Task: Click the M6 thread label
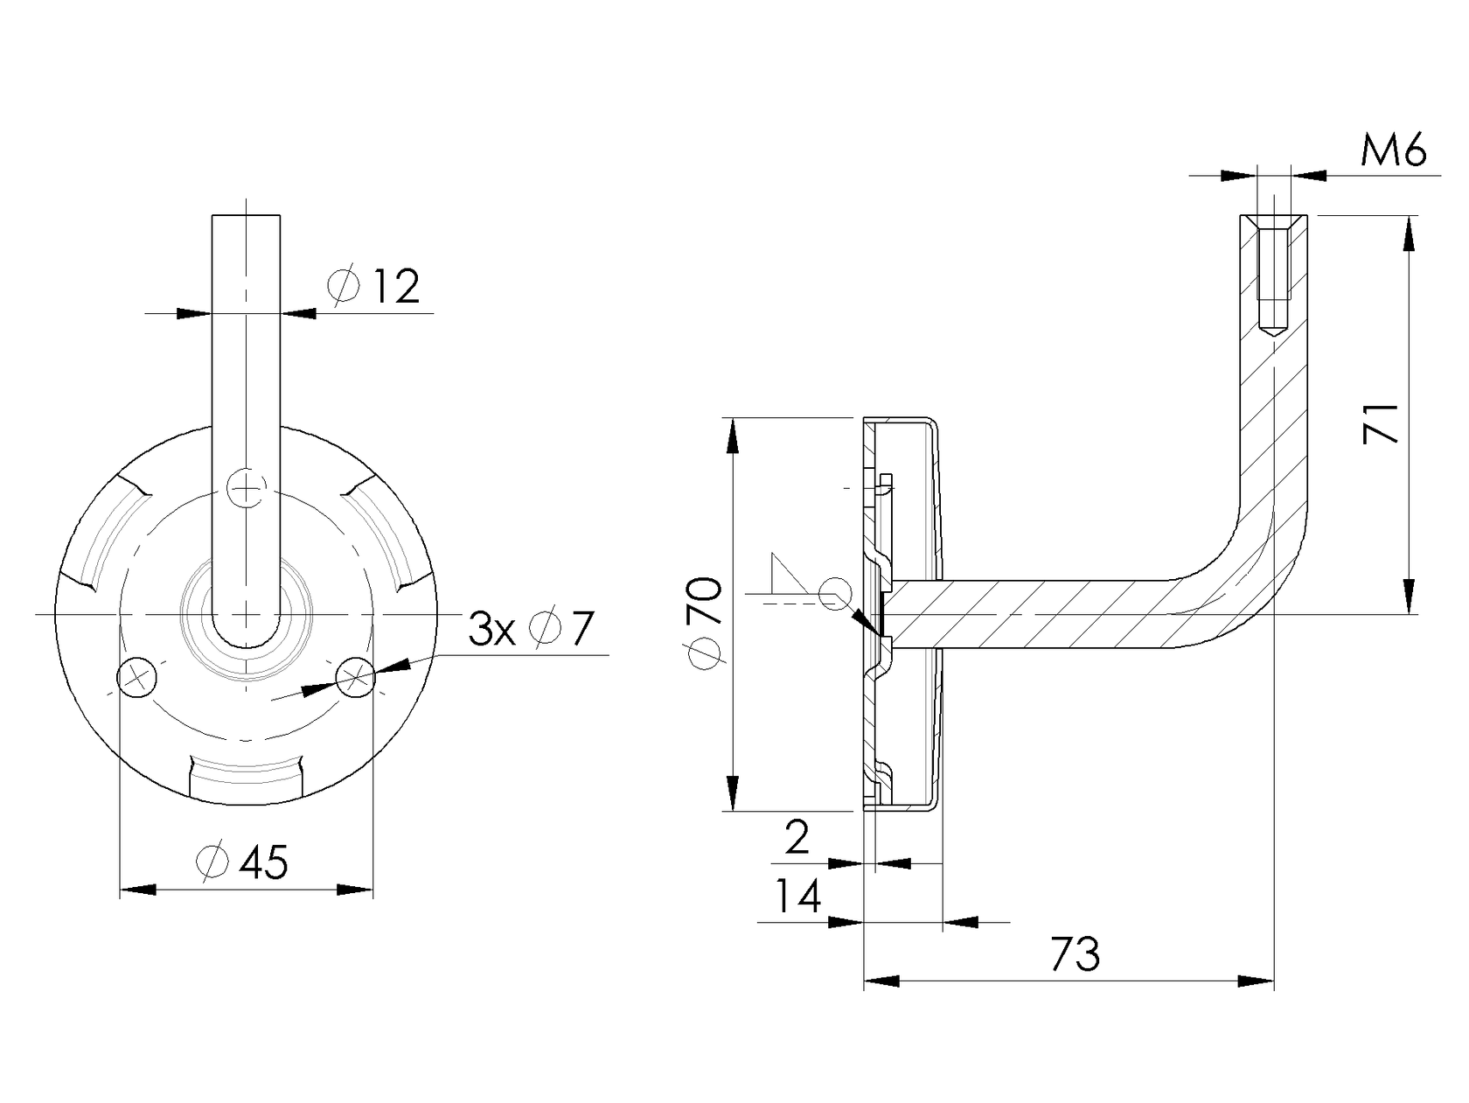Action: click(x=1393, y=151)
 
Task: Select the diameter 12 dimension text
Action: click(x=374, y=286)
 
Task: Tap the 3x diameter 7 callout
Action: click(x=531, y=629)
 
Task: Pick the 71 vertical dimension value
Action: click(x=1382, y=423)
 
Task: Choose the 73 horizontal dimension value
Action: click(x=1075, y=954)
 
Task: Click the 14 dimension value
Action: click(x=798, y=897)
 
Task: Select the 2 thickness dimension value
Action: click(x=797, y=839)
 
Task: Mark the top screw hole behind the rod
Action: click(x=247, y=486)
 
